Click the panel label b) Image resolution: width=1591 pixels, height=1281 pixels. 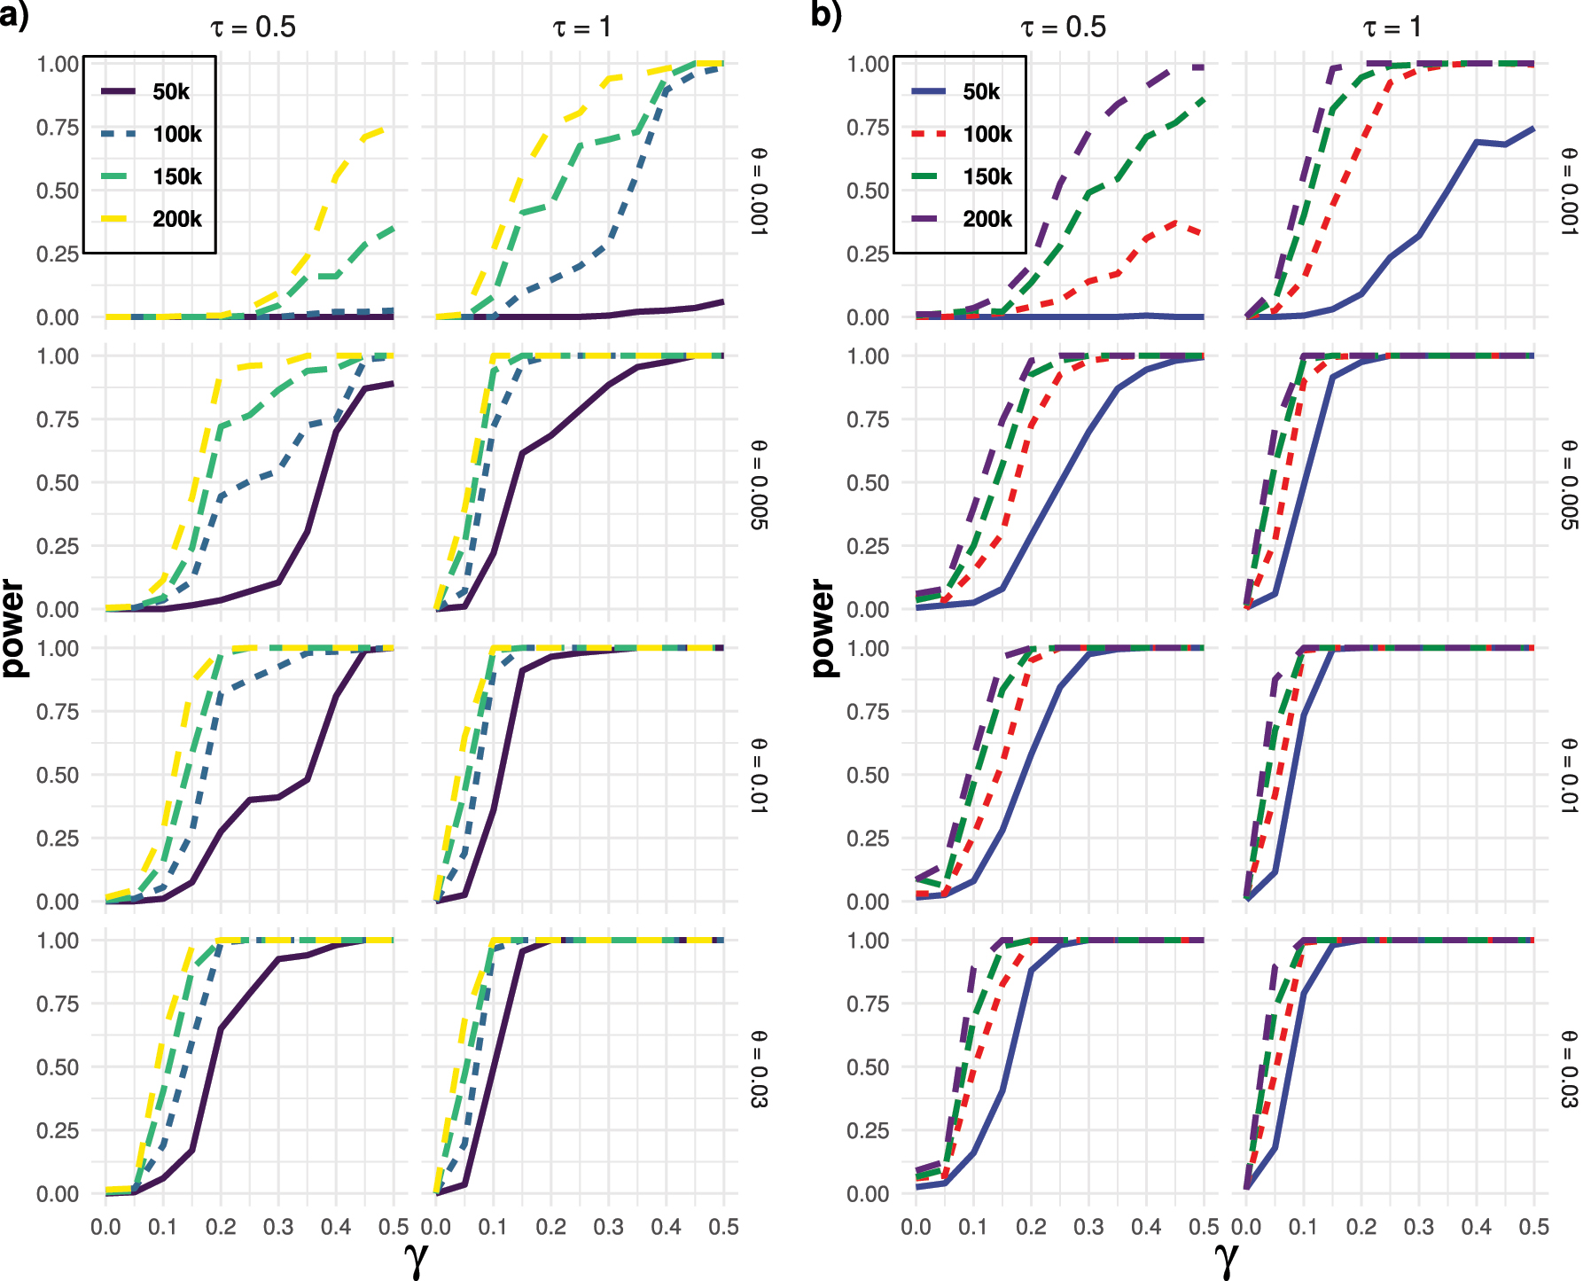(x=825, y=15)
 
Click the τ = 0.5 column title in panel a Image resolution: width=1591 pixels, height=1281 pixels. (x=253, y=27)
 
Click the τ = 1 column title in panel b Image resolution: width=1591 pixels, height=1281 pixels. (x=1392, y=27)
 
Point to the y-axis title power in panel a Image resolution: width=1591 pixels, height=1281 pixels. (x=13, y=628)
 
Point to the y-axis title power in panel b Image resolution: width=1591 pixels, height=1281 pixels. (x=823, y=628)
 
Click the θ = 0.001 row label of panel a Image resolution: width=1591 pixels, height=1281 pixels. (x=759, y=191)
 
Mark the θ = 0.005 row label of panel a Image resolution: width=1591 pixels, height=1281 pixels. (x=759, y=484)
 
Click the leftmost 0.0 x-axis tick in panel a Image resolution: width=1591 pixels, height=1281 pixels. (x=105, y=1227)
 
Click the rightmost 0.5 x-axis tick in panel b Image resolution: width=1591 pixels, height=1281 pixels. (x=1534, y=1227)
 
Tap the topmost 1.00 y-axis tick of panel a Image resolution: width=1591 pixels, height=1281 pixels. (x=58, y=64)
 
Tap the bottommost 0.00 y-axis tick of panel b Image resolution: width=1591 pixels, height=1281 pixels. (x=868, y=1194)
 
